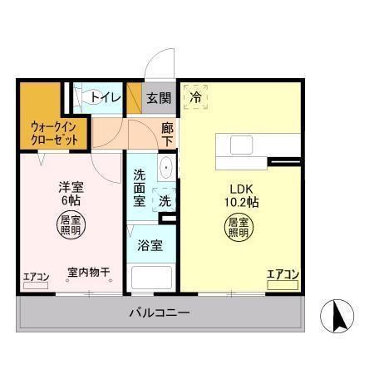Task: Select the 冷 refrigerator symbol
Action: tap(195, 96)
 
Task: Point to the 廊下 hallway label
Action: tap(167, 135)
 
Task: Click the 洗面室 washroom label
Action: tap(140, 188)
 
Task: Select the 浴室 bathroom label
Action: tap(151, 245)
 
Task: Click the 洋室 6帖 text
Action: tap(69, 194)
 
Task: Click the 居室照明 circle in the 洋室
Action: tap(69, 226)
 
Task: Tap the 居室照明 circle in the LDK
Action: tap(239, 227)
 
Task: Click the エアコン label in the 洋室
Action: tap(36, 277)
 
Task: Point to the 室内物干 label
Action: tap(83, 273)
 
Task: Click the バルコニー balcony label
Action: tap(159, 314)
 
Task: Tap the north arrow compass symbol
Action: tap(339, 315)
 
